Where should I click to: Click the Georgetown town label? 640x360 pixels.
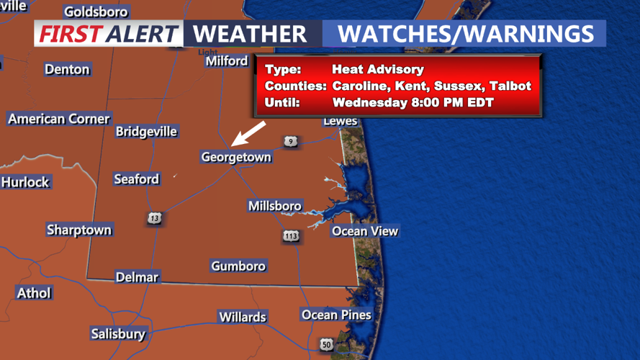[236, 157]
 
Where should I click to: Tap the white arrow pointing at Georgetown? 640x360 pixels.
[248, 133]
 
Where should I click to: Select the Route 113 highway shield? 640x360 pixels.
[291, 236]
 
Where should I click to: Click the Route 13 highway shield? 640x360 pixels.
[155, 217]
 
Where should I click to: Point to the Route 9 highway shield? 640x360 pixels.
[289, 141]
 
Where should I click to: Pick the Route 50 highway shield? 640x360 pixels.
[326, 345]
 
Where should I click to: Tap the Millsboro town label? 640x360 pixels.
[274, 206]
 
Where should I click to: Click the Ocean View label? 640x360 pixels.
[364, 231]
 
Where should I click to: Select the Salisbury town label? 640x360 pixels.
[118, 333]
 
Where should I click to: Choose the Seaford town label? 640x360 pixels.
[136, 179]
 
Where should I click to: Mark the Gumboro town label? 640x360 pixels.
[238, 266]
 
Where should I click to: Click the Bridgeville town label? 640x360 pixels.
[146, 132]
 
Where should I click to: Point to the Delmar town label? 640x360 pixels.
[137, 277]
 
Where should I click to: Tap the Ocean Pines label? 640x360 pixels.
[336, 315]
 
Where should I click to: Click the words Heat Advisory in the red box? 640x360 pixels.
[378, 70]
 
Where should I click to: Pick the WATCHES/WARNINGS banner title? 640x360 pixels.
[466, 33]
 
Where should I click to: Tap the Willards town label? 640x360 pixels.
[243, 317]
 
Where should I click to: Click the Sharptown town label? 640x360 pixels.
[79, 230]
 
